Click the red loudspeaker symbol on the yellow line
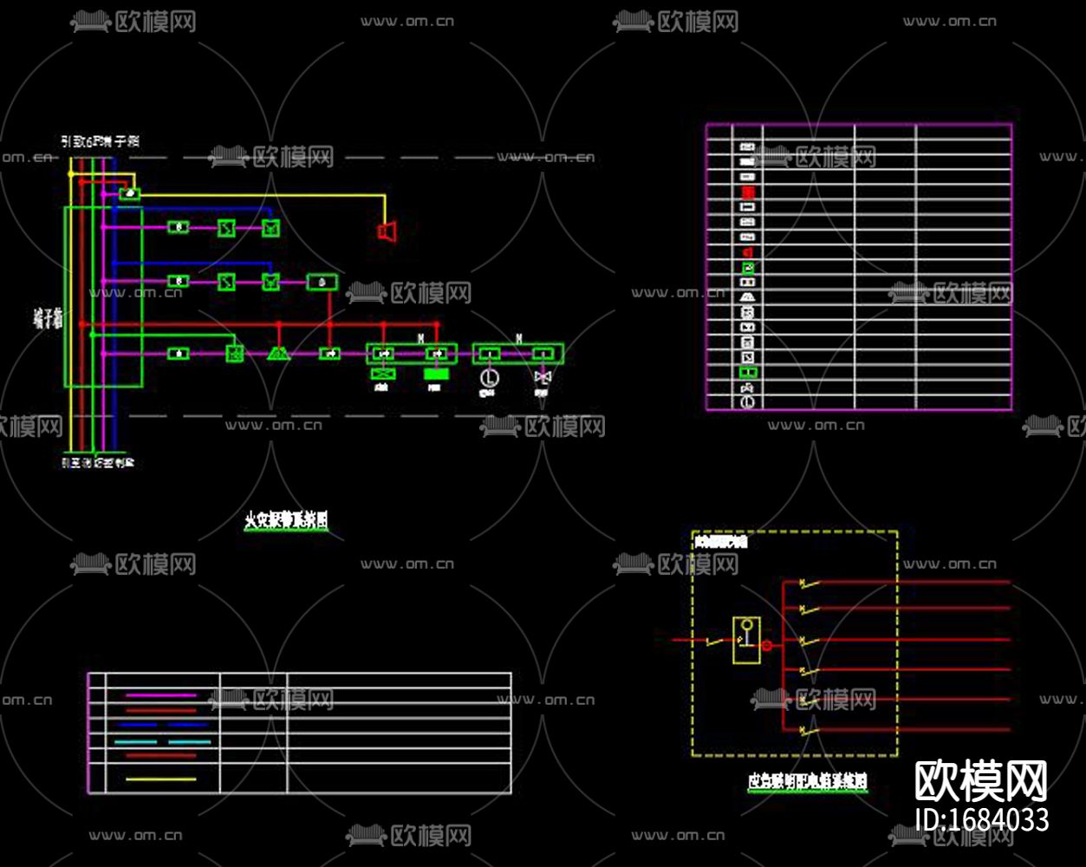click(x=387, y=231)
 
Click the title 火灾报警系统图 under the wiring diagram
click(x=286, y=520)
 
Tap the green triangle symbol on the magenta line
click(x=278, y=353)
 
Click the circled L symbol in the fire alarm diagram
click(x=488, y=378)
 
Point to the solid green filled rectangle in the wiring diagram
click(x=436, y=374)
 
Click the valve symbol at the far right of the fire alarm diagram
click(x=543, y=378)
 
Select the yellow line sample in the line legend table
click(x=161, y=779)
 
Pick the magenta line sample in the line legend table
click(x=161, y=695)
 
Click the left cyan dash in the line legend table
click(x=136, y=742)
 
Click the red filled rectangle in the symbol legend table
click(x=747, y=192)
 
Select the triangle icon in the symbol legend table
click(x=747, y=297)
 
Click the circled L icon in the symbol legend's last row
click(x=747, y=403)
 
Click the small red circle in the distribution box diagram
click(x=767, y=646)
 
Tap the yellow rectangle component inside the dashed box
click(x=746, y=640)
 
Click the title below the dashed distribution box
click(x=807, y=782)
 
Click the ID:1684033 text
click(x=981, y=819)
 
